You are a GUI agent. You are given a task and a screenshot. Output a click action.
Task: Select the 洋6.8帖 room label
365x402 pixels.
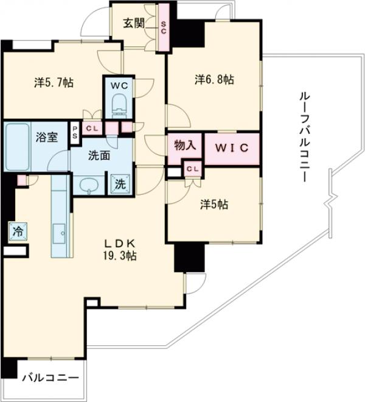[x=215, y=80]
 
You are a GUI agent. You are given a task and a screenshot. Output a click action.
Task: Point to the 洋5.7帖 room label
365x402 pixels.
[x=54, y=82]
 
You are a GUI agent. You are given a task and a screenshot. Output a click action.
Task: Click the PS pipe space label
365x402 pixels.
[x=75, y=132]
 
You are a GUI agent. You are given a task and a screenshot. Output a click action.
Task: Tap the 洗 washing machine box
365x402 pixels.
[x=119, y=185]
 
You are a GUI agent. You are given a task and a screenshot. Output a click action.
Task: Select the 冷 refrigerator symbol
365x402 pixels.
[x=18, y=231]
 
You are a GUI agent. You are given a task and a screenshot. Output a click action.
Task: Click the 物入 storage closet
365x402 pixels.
[x=184, y=146]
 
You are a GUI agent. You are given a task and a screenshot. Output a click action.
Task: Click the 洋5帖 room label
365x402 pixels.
[x=214, y=205]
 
